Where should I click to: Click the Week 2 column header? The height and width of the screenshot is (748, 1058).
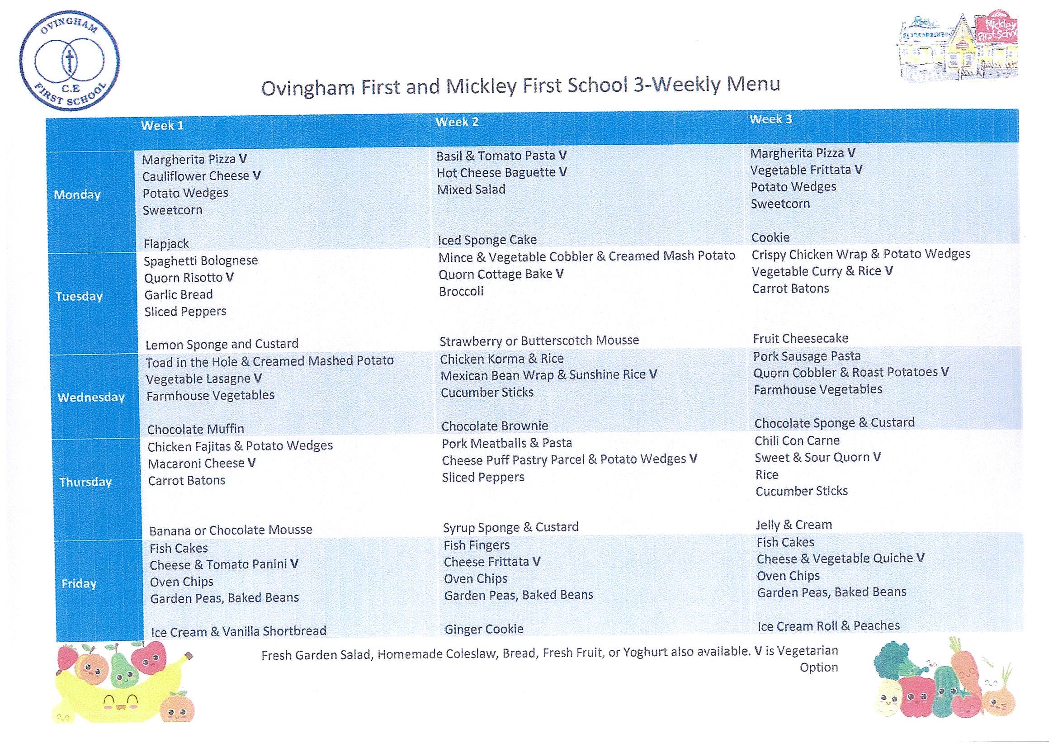point(457,122)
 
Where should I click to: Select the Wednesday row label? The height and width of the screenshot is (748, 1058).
point(91,397)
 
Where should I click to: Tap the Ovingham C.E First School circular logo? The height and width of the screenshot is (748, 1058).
point(69,62)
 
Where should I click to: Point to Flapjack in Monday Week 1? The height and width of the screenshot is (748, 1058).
point(166,244)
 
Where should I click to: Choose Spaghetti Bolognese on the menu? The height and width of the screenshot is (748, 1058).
point(200,261)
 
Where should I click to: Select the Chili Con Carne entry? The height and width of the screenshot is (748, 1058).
point(797,440)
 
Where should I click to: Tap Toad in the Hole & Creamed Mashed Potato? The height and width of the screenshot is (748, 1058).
point(269,361)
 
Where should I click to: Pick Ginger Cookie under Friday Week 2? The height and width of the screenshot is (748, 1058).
point(483,630)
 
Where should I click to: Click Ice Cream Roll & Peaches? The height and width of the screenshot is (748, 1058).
point(828,626)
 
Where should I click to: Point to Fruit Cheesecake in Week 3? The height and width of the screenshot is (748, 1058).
point(800,339)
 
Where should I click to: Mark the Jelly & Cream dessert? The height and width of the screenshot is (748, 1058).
point(793,525)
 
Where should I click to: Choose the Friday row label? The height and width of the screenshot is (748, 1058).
point(79,584)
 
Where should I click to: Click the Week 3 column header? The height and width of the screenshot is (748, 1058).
point(770,119)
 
